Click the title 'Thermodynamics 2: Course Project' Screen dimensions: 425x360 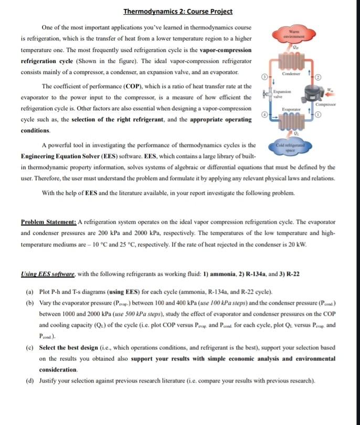tap(177, 11)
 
